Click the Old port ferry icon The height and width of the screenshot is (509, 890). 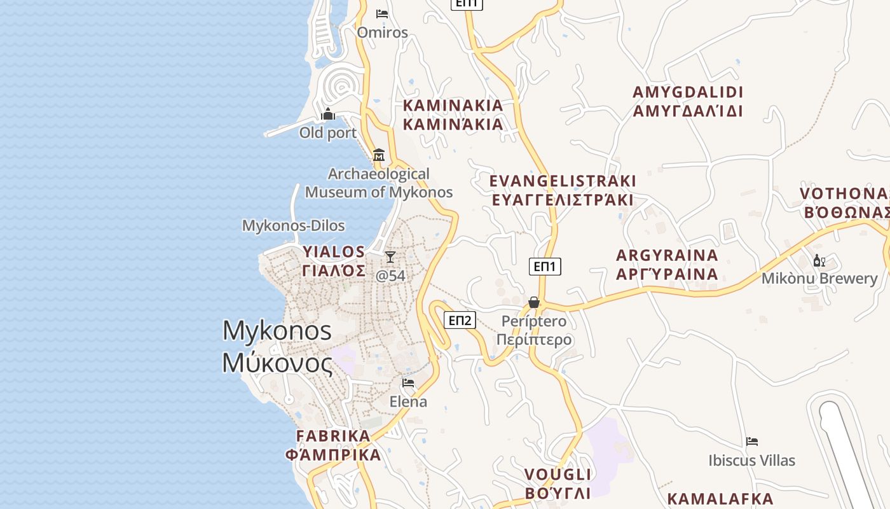point(328,115)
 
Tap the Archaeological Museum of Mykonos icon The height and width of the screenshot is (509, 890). point(379,155)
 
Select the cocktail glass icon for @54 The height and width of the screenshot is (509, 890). point(390,256)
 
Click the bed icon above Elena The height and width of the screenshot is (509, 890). point(408,383)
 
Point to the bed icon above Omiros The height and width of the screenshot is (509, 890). point(382,13)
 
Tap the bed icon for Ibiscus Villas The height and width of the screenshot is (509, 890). point(752,442)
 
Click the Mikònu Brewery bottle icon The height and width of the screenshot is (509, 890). point(819,260)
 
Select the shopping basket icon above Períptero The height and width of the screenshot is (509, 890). point(534,302)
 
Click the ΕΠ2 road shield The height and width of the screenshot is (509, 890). point(460,320)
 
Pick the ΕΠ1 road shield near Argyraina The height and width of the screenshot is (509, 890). point(545,267)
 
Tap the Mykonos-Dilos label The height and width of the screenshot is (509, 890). point(294,226)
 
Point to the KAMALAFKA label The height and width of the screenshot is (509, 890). point(720,499)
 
